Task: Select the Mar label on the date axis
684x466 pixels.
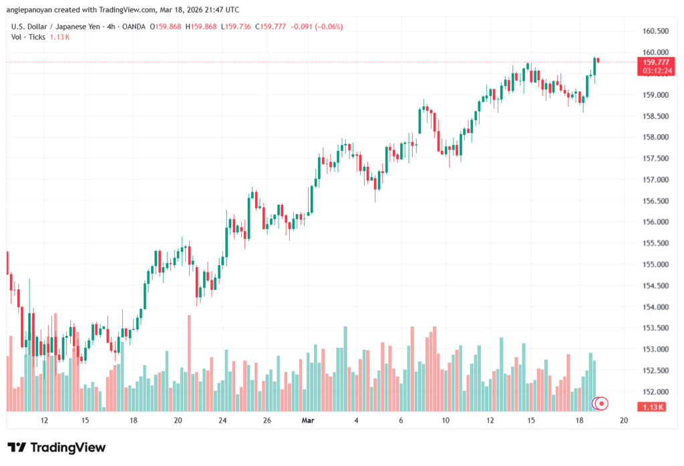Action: tap(308, 421)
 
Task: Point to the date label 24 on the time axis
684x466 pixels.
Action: tap(223, 421)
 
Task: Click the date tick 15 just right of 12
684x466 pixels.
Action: tap(85, 421)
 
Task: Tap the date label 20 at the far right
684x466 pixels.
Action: tap(624, 421)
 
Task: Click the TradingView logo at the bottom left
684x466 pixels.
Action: tap(56, 447)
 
